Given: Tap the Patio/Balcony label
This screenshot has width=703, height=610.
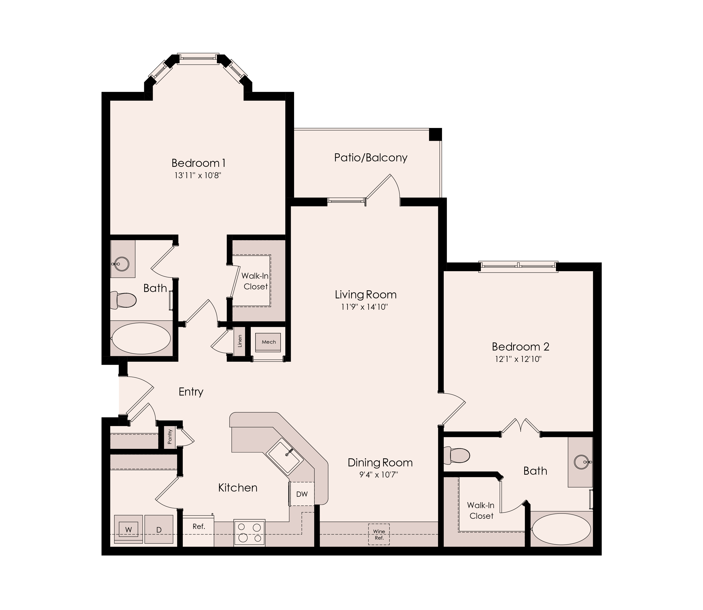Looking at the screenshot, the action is pos(371,158).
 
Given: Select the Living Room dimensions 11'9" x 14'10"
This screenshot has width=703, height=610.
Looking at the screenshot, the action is pos(365,307).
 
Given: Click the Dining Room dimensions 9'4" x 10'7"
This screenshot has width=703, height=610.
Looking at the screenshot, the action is pos(379,474).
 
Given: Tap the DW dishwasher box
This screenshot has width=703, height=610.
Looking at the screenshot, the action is pos(302,494).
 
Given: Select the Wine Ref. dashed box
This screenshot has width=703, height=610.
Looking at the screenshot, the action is pos(379,534).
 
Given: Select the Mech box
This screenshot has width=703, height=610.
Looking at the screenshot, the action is pos(268,342).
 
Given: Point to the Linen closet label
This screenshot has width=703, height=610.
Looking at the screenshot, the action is pos(240,341).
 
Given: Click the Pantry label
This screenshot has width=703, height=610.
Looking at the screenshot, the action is pos(170,437).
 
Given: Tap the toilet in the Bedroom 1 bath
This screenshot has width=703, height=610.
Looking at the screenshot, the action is pos(124,300).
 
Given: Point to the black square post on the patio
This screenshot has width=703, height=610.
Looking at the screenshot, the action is pos(435,134).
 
